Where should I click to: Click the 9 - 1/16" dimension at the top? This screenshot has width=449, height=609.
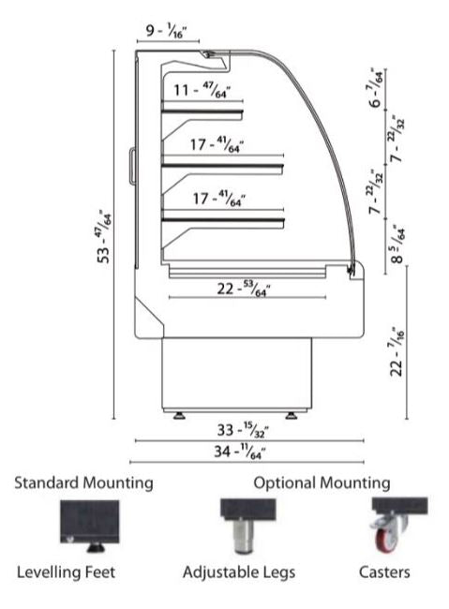point(166,30)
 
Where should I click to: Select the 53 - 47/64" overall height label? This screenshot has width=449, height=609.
point(104,237)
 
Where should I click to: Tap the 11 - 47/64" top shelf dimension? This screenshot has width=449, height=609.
point(202,91)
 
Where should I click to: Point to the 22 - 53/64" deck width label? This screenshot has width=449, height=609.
point(244,289)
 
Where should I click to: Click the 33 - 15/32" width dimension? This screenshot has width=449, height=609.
point(243,430)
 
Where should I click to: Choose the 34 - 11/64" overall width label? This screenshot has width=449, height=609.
point(240,452)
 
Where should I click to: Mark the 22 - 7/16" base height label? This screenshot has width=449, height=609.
point(397,352)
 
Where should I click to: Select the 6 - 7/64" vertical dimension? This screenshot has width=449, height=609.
point(377,88)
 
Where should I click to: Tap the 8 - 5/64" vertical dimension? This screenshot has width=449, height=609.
point(398,245)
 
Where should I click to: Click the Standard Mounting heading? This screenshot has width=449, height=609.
point(83,483)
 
